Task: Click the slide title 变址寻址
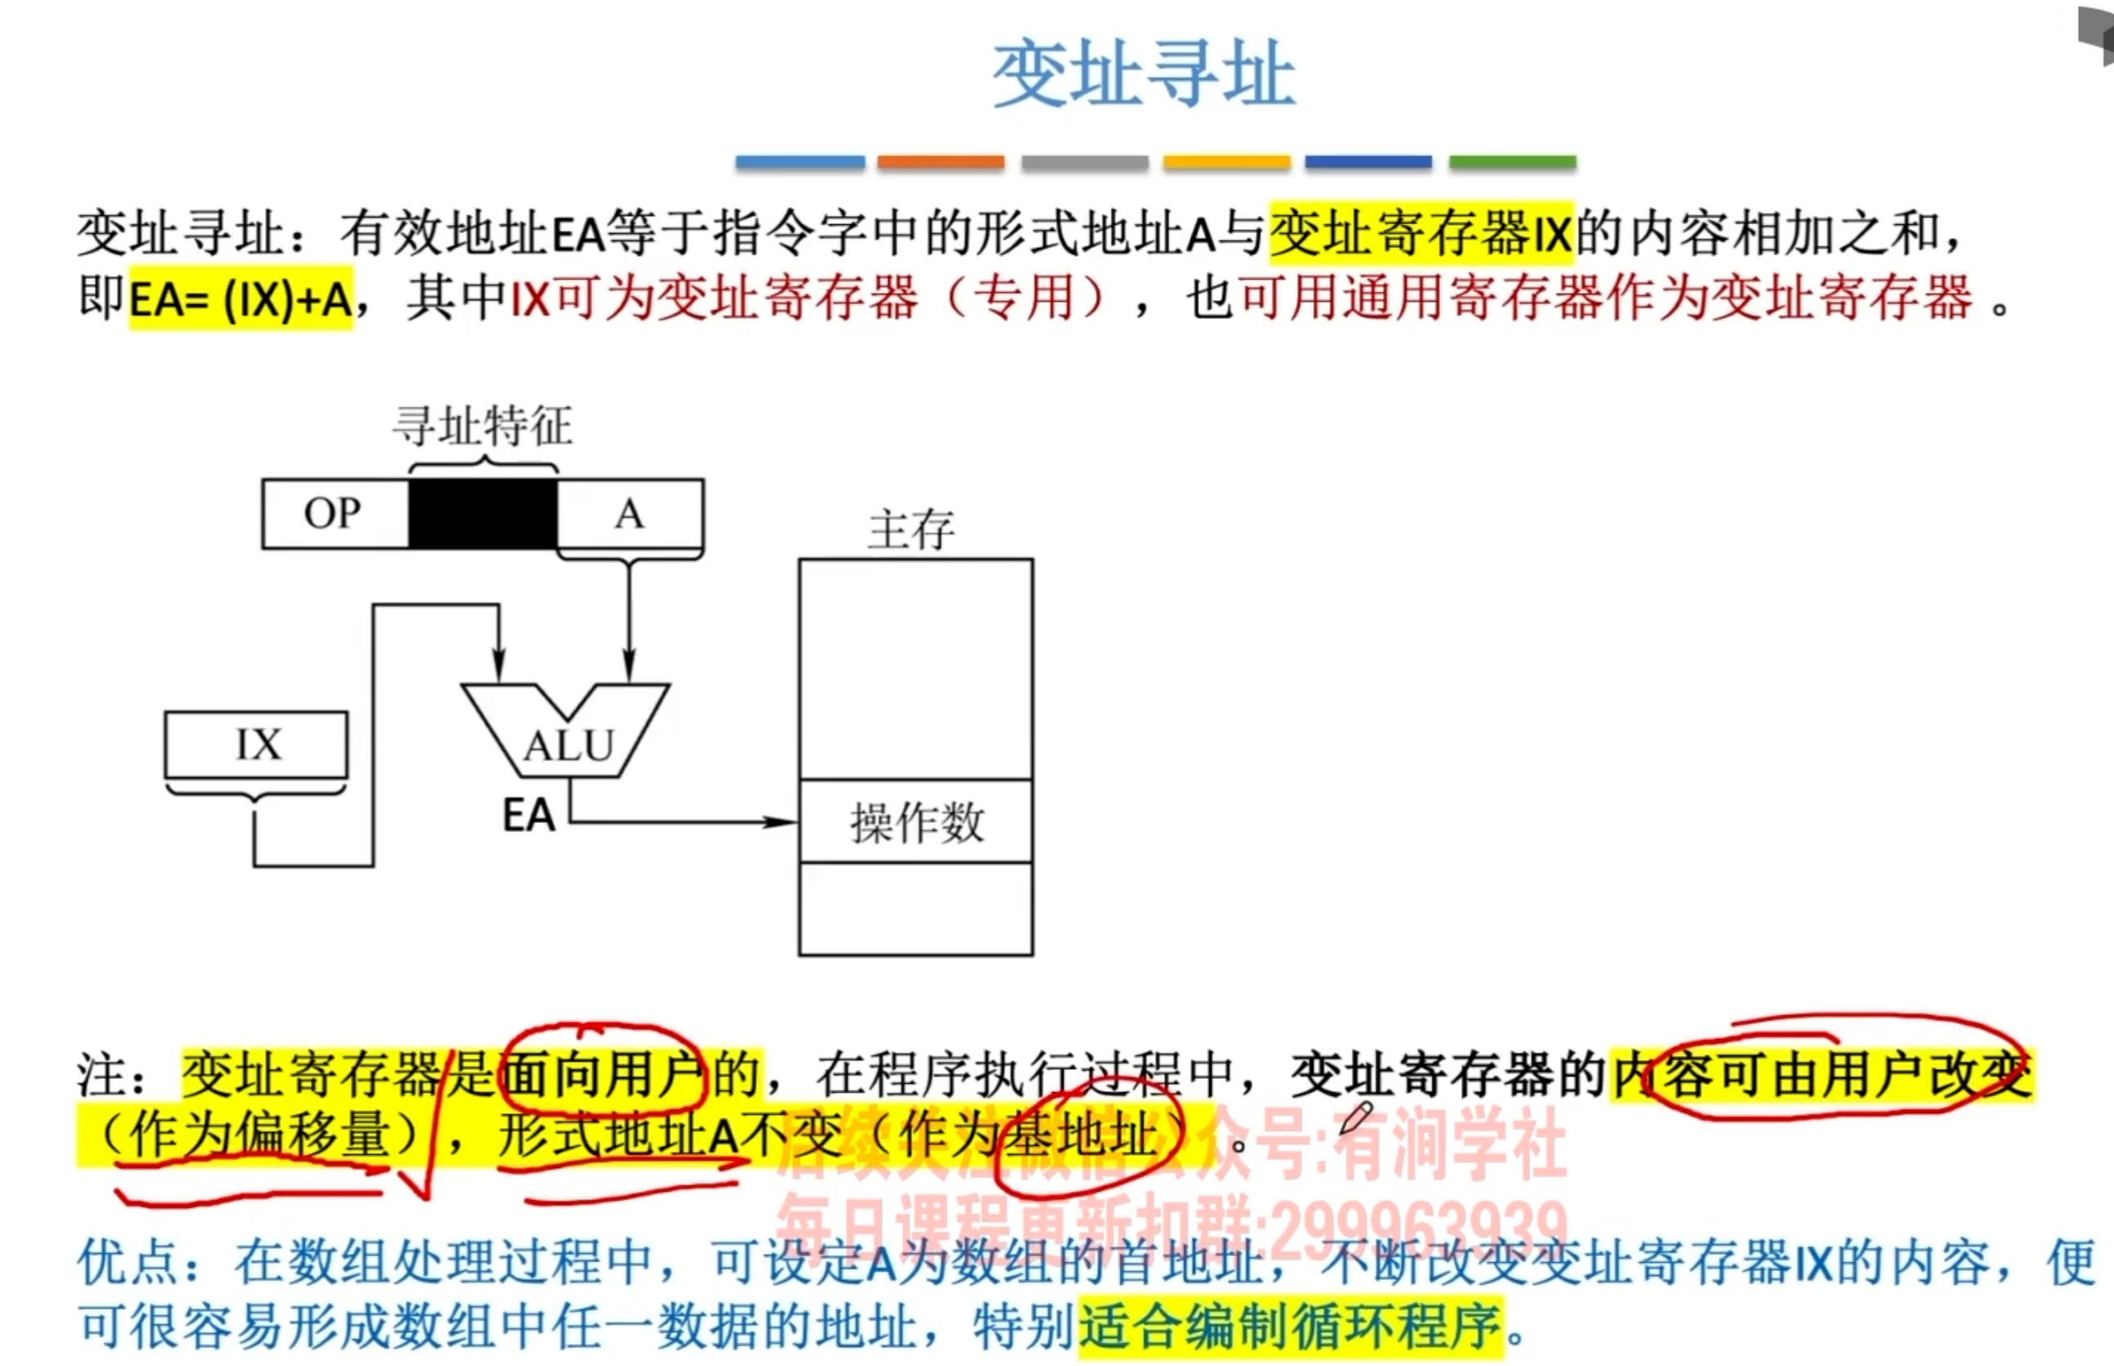click(1144, 74)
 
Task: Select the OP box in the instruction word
click(335, 514)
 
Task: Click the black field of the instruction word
click(483, 514)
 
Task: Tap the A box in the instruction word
click(630, 514)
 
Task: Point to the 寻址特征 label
click(483, 427)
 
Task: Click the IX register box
click(256, 744)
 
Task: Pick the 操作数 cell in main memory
click(915, 821)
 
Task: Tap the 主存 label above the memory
click(911, 530)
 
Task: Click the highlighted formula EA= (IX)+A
click(241, 299)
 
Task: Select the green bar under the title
click(1512, 162)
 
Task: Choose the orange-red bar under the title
click(940, 162)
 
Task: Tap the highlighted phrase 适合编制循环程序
click(1291, 1327)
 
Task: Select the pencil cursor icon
click(1356, 1117)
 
